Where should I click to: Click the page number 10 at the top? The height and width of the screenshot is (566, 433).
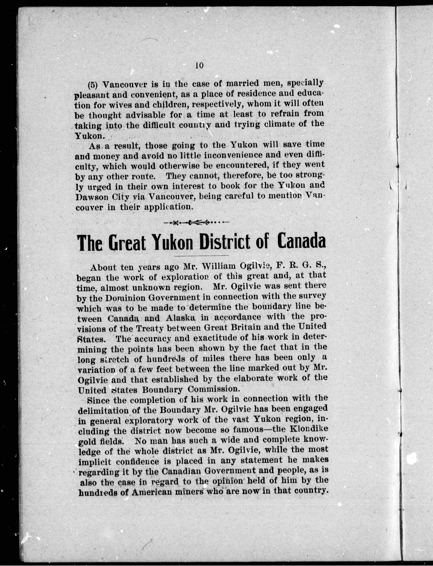click(200, 66)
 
